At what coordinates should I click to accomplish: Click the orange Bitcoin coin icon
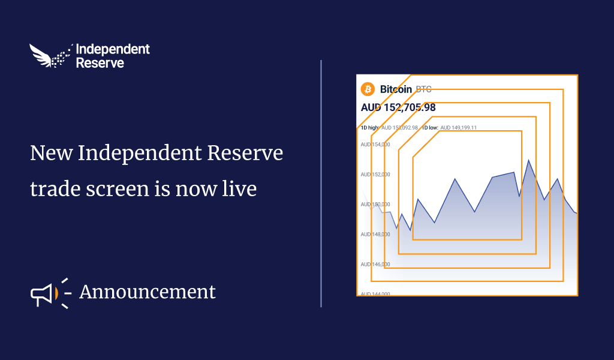[x=368, y=89]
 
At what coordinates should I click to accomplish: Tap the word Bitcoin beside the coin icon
[x=396, y=89]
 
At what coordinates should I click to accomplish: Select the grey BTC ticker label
[x=423, y=89]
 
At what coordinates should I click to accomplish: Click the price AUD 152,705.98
[x=398, y=108]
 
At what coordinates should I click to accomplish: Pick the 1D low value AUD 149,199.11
[x=458, y=128]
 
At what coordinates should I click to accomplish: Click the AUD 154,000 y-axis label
[x=375, y=145]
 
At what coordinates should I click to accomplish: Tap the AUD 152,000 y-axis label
[x=375, y=175]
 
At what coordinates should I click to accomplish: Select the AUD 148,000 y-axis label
[x=375, y=234]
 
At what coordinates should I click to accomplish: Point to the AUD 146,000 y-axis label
[x=375, y=264]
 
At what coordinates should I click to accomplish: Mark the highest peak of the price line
[x=528, y=160]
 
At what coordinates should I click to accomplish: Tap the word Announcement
[x=147, y=292]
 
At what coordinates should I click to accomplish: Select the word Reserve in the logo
[x=100, y=62]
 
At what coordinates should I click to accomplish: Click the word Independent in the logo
[x=113, y=49]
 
